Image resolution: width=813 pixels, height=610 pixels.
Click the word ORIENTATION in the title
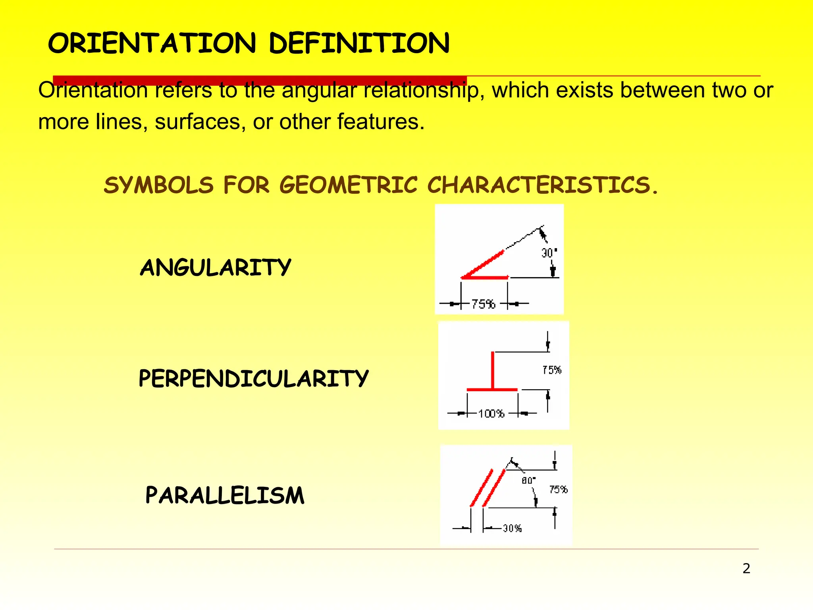click(x=152, y=44)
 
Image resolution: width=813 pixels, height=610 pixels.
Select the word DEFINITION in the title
click(x=359, y=44)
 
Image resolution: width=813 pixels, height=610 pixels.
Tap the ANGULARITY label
click(x=216, y=267)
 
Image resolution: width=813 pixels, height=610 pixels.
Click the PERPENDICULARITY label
click(x=253, y=378)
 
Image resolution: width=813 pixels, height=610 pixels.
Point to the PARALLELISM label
click(x=225, y=495)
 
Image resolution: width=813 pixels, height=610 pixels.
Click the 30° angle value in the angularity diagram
click(x=549, y=253)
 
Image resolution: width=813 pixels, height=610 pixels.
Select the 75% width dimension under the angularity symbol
click(x=483, y=304)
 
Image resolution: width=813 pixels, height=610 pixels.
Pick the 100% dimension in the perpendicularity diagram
click(x=491, y=414)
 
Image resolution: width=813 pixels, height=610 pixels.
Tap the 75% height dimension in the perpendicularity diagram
click(x=552, y=370)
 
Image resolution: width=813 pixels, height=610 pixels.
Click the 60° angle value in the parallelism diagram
click(x=528, y=481)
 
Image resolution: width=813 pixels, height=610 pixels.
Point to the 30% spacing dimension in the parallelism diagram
click(x=512, y=528)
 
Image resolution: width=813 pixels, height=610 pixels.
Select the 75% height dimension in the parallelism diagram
click(x=558, y=490)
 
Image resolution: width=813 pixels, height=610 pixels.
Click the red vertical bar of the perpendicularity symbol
click(x=493, y=369)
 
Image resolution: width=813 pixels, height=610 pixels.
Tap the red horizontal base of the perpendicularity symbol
click(x=492, y=390)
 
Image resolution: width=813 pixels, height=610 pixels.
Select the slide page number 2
click(x=746, y=569)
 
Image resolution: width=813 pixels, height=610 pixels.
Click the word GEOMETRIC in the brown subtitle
click(x=349, y=185)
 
